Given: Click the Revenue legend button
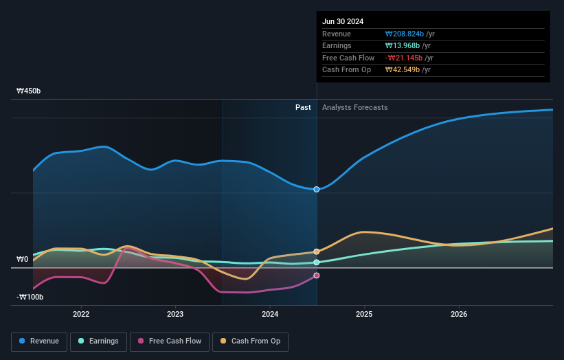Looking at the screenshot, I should click(39, 341).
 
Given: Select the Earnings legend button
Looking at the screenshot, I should click(98, 341).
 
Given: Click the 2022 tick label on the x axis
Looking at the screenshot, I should click(81, 314).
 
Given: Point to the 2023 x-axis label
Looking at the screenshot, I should click(175, 314).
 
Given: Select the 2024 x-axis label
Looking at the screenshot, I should click(270, 314).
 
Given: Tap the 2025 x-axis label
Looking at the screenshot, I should click(364, 314).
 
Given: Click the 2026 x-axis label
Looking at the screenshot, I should click(459, 314).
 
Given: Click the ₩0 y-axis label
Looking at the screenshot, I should click(23, 260).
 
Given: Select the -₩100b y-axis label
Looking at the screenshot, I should click(30, 297).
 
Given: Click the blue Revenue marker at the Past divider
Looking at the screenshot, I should click(317, 189).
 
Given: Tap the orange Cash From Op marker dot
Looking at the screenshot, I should click(317, 252).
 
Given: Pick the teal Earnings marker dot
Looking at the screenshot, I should click(317, 262).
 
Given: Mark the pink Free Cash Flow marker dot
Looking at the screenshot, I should click(317, 275).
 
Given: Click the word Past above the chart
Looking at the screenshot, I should click(303, 108).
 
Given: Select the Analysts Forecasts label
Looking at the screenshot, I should click(354, 108).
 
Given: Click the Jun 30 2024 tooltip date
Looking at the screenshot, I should click(343, 21).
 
